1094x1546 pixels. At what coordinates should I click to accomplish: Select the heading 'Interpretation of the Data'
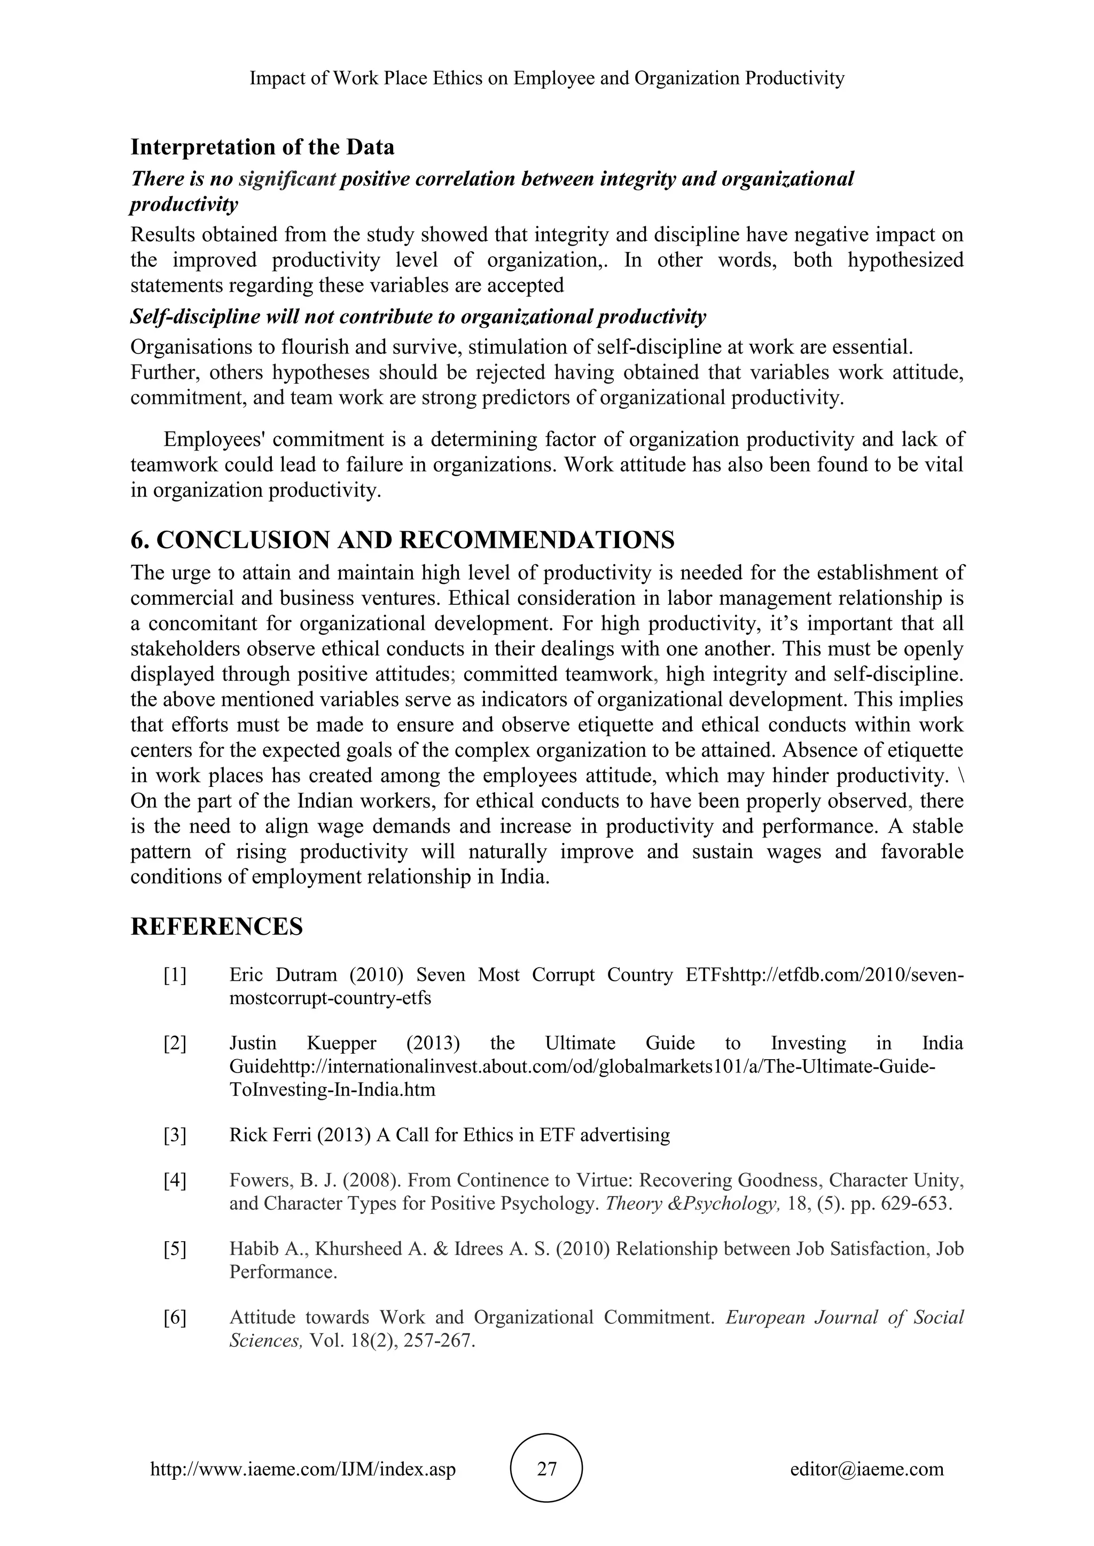coord(262,147)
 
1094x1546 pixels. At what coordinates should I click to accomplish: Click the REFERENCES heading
coord(216,927)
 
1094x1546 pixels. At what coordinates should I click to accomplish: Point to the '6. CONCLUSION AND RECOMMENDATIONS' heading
coord(402,539)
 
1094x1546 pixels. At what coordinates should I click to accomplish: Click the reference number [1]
coord(175,975)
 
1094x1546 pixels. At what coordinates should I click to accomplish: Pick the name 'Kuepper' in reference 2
coord(341,1044)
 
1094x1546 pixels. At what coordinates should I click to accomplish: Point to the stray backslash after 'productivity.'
coord(960,776)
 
